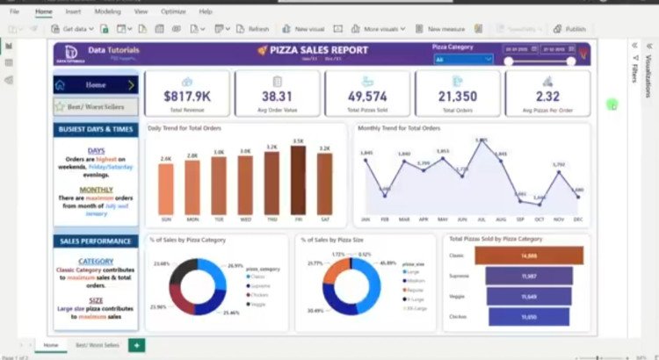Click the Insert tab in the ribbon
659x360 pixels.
(73, 11)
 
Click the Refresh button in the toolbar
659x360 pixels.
(253, 29)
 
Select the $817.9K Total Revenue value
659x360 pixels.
(187, 96)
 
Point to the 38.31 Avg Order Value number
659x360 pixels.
(277, 96)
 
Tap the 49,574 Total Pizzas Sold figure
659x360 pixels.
(367, 96)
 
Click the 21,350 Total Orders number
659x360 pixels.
(458, 96)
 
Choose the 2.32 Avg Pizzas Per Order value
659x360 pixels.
(547, 96)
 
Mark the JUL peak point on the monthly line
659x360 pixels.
(481, 140)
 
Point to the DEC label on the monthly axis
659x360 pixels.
(577, 220)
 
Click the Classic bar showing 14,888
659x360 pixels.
(528, 256)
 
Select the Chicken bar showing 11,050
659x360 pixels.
(528, 316)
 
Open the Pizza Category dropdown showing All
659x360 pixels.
(464, 60)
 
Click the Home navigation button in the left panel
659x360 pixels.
(95, 85)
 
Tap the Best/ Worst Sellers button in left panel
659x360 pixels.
(95, 107)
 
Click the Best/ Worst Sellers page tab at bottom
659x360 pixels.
(98, 345)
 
